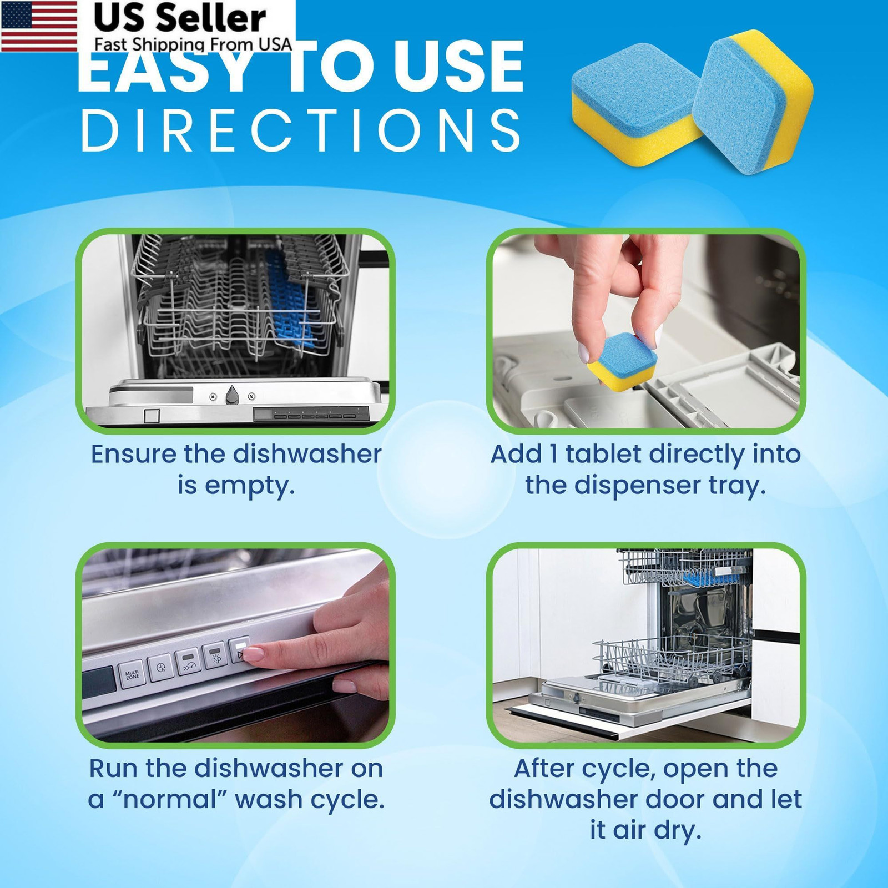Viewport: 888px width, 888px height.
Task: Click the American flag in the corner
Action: click(x=39, y=26)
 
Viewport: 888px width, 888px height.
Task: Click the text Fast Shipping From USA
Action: click(x=193, y=44)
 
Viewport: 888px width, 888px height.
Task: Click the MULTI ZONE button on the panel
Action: click(x=132, y=675)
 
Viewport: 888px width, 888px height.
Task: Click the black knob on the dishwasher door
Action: click(x=232, y=395)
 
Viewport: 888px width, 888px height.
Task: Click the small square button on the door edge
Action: click(x=152, y=416)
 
